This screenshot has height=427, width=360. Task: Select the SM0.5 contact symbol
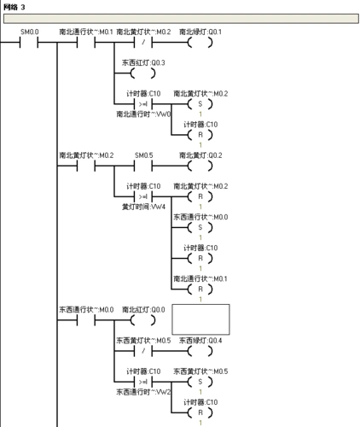pos(143,166)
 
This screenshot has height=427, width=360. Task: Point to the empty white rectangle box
pos(201,319)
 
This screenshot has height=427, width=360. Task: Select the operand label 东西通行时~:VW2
pos(144,391)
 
